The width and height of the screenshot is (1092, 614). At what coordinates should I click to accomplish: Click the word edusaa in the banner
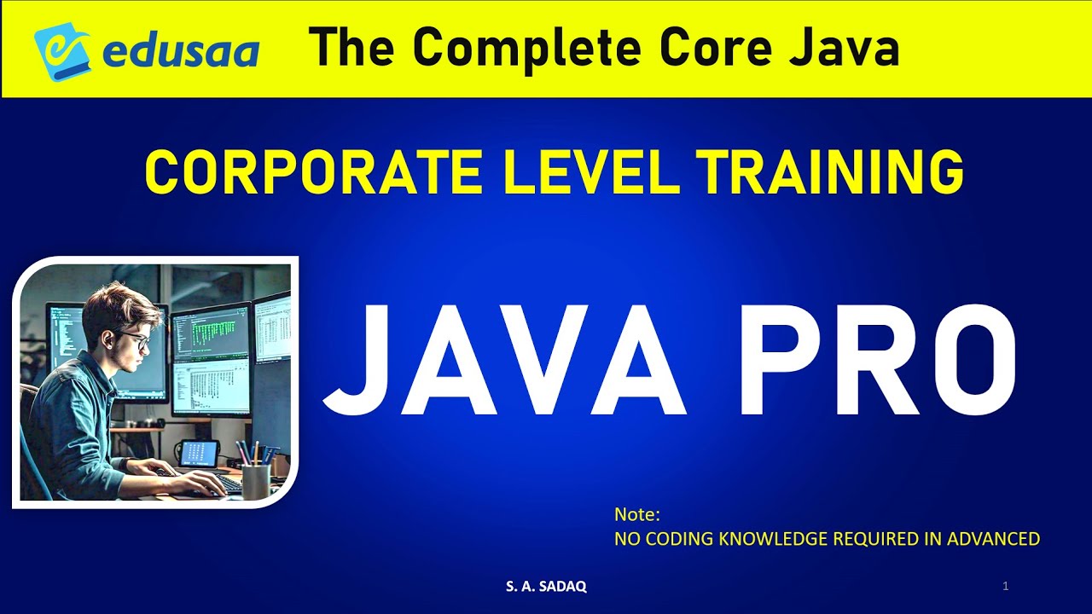[181, 51]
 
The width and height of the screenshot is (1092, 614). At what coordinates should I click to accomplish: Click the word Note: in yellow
[637, 515]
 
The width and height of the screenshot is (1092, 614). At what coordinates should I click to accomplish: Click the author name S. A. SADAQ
[546, 587]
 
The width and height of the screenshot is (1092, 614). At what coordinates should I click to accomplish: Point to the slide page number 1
[1006, 586]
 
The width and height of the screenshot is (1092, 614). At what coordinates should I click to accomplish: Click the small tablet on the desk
[199, 455]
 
